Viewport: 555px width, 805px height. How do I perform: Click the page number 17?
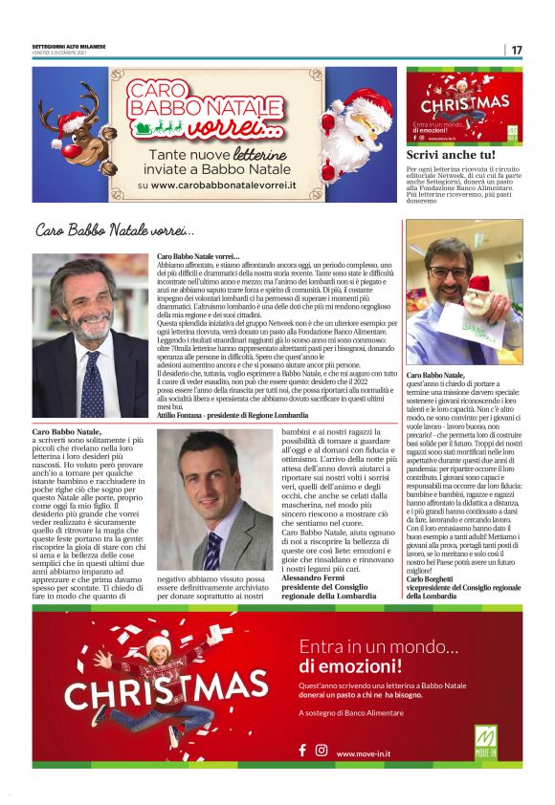pos(516,50)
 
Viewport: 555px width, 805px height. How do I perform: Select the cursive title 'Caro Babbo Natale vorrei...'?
pos(115,230)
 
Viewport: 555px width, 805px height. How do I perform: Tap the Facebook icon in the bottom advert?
pos(303,751)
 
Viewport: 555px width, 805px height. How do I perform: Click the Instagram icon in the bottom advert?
pos(322,751)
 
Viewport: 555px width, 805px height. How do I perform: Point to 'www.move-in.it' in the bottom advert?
pos(367,752)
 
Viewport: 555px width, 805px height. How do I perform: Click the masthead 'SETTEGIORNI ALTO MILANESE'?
pos(72,45)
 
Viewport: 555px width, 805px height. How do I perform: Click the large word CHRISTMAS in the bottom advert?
pos(166,688)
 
